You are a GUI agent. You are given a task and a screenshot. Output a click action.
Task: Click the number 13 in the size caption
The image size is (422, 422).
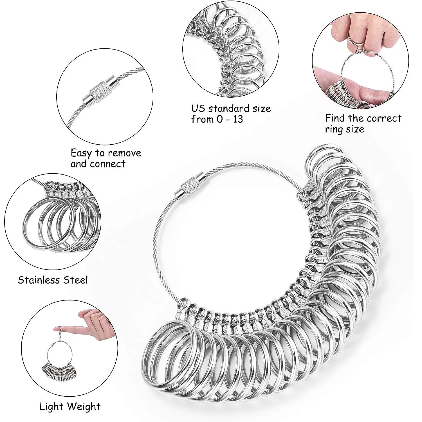click(237, 119)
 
